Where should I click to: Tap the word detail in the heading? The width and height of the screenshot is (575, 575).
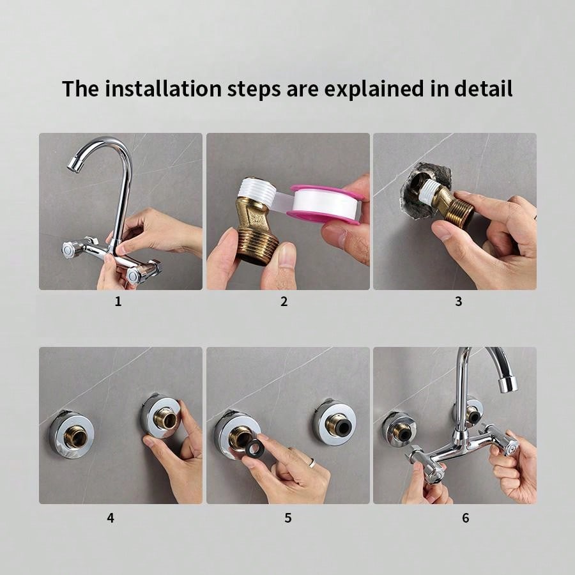pyautogui.click(x=483, y=89)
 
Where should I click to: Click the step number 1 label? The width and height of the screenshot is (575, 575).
pyautogui.click(x=118, y=302)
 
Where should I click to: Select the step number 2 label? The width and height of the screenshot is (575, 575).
pyautogui.click(x=284, y=302)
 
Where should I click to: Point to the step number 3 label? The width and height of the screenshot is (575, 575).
pyautogui.click(x=458, y=302)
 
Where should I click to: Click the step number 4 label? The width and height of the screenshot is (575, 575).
pyautogui.click(x=111, y=517)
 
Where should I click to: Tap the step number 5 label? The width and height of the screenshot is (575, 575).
pyautogui.click(x=287, y=517)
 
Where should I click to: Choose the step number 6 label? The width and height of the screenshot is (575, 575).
pyautogui.click(x=465, y=517)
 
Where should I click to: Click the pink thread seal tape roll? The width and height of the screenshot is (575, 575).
pyautogui.click(x=326, y=204)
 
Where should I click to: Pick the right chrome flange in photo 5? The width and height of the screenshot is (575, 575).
pyautogui.click(x=334, y=422)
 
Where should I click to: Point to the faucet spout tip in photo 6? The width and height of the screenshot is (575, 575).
pyautogui.click(x=508, y=385)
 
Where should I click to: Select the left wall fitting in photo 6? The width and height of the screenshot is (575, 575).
pyautogui.click(x=400, y=429)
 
